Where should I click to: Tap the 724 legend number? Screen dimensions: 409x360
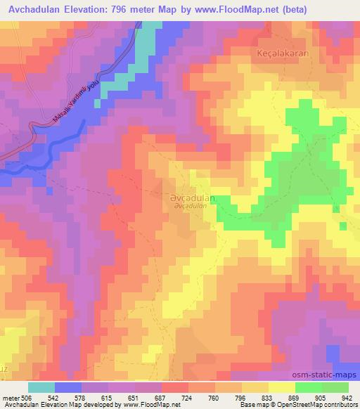pos(188,397)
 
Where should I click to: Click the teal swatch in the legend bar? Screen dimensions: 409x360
pos(41,387)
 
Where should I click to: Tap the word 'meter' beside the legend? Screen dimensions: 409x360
pos(11,397)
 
